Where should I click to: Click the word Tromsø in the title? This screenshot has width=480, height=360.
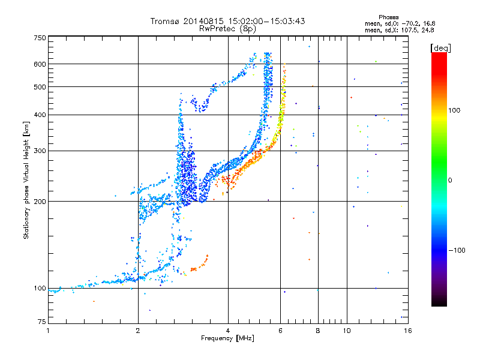[166, 21]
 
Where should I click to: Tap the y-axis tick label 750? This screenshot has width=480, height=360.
[40, 38]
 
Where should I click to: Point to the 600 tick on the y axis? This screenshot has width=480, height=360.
[40, 64]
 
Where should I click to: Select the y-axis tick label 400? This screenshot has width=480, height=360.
[40, 115]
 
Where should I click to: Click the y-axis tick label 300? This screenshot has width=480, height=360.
[40, 151]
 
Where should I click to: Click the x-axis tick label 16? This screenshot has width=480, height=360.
[407, 331]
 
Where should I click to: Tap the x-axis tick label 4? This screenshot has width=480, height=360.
[228, 331]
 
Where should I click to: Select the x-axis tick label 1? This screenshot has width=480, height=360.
[49, 331]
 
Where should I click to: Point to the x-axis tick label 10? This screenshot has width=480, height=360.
[347, 331]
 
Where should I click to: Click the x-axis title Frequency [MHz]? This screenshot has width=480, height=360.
[228, 338]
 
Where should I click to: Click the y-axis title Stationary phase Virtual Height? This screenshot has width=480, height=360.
[26, 180]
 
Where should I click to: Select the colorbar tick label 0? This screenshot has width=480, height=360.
[450, 180]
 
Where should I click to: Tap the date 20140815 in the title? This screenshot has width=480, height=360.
[206, 21]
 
